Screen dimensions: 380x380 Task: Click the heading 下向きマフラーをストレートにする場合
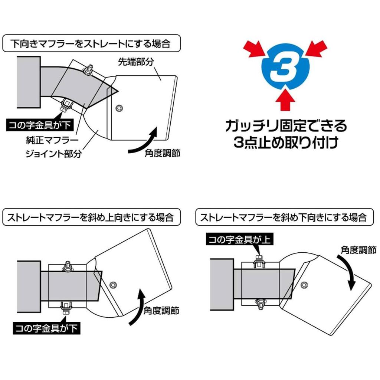[91, 44]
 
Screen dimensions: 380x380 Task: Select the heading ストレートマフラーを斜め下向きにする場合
[284, 217]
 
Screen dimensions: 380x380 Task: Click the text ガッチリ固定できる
[286, 127]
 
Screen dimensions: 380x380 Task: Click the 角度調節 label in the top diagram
[163, 153]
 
